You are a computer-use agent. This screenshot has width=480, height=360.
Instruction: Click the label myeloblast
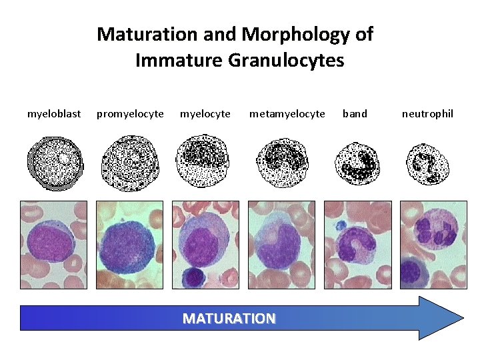(x=54, y=114)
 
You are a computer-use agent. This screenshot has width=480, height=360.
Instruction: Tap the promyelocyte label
(x=130, y=114)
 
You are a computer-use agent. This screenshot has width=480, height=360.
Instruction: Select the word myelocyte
(x=205, y=114)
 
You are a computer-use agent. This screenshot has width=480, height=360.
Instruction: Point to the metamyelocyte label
(x=287, y=114)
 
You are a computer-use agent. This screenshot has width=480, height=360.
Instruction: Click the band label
(x=355, y=114)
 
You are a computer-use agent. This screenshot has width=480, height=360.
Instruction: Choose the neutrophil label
(x=427, y=114)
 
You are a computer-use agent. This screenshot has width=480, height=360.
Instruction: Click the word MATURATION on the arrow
(x=229, y=318)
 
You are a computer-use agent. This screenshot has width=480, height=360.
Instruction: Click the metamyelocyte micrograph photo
(x=281, y=245)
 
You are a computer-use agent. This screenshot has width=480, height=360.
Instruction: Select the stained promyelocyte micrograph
(x=129, y=245)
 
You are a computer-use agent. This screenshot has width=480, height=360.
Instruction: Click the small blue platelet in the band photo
(x=341, y=225)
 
